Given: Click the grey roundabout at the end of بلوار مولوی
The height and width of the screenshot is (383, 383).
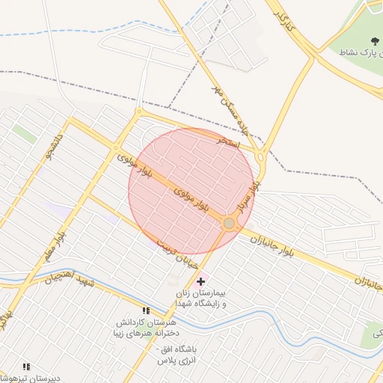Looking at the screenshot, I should click(x=229, y=223).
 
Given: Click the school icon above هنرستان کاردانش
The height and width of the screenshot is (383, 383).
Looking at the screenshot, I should click(x=147, y=310).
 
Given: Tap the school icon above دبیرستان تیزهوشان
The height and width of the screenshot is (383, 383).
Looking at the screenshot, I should click(x=26, y=367).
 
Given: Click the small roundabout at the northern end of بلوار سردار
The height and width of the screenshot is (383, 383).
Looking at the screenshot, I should click(x=260, y=157).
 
